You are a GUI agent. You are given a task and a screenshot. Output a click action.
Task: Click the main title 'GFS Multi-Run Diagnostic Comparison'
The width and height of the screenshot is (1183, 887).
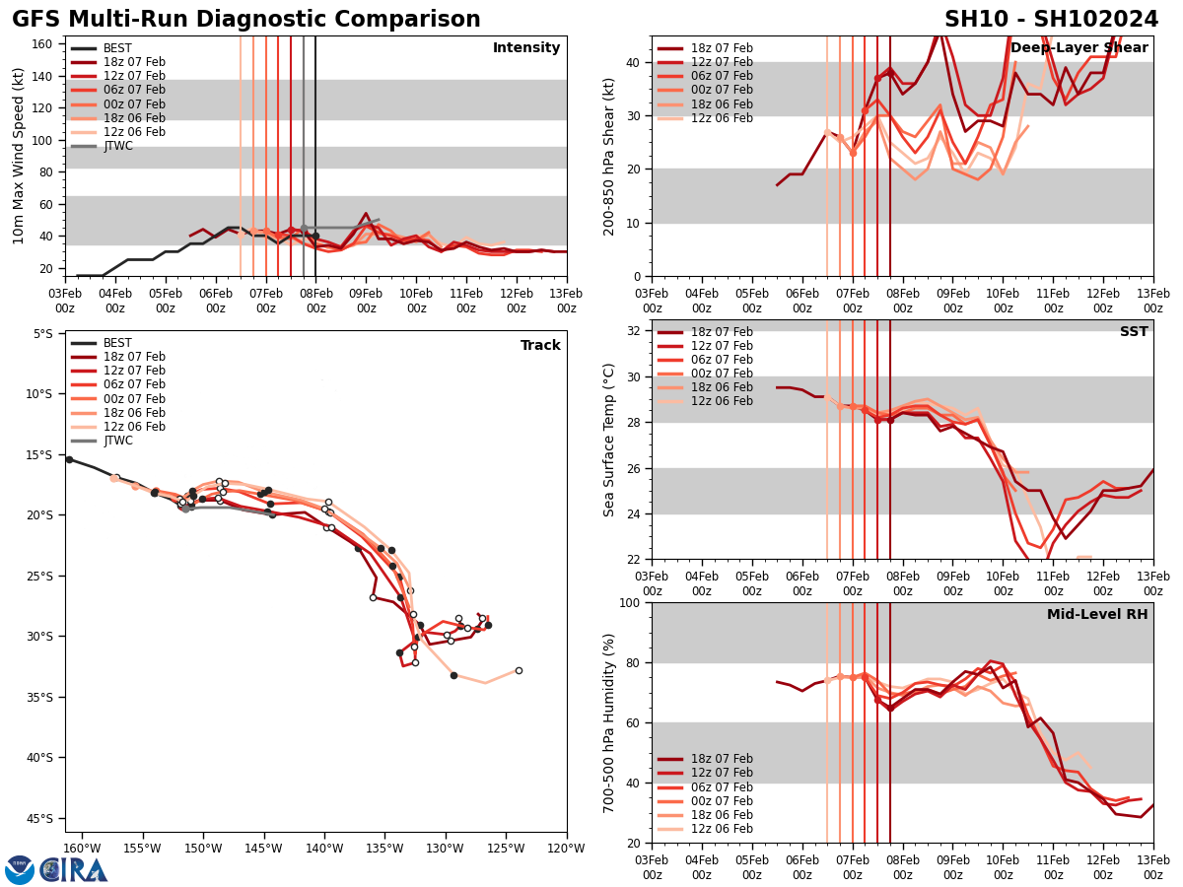(x=246, y=20)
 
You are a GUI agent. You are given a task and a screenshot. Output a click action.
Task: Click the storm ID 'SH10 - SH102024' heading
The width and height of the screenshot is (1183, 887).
(x=1051, y=20)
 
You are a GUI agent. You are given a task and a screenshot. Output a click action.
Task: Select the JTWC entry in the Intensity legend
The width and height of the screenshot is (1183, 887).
(x=117, y=146)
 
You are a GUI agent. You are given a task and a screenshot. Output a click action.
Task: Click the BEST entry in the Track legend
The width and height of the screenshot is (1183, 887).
(x=117, y=343)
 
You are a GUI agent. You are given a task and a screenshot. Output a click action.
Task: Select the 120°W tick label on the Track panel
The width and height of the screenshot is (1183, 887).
(x=566, y=847)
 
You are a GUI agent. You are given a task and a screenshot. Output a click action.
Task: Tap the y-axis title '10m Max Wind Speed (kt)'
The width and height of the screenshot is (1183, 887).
(x=19, y=156)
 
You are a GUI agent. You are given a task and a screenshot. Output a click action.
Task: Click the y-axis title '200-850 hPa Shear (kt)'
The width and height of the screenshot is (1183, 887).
(x=609, y=156)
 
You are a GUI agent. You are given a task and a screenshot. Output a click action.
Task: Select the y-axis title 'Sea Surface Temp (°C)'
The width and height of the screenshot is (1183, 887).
(x=609, y=440)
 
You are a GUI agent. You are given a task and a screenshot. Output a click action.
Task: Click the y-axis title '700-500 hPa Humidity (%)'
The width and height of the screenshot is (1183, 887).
(x=609, y=722)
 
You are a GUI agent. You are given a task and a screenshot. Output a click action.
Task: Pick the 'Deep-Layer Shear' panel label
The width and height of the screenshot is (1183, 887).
(x=1079, y=48)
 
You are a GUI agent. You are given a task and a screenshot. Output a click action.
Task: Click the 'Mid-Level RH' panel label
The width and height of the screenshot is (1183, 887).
(x=1096, y=615)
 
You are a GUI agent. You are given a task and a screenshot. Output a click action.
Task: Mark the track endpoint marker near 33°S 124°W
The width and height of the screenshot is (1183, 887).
(x=519, y=670)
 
